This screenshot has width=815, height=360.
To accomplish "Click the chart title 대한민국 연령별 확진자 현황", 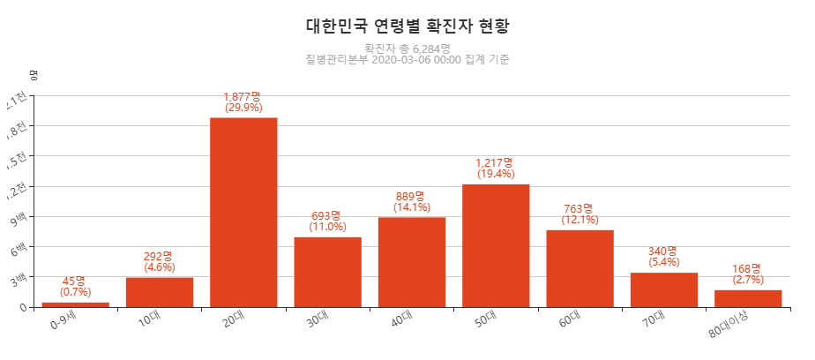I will [x=407, y=26].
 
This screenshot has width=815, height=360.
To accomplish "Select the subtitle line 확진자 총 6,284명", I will [x=407, y=49].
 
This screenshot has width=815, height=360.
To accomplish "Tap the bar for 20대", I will [x=243, y=212].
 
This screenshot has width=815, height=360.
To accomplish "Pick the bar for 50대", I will [x=496, y=245].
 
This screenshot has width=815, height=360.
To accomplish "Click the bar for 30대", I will [x=327, y=272].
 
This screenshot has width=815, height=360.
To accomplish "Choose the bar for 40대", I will [x=412, y=262].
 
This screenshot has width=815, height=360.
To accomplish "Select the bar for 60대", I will [x=579, y=268].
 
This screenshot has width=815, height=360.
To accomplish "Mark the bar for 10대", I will [x=160, y=292].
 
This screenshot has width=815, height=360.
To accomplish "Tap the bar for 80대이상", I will [x=748, y=298].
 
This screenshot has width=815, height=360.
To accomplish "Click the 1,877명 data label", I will [x=243, y=96].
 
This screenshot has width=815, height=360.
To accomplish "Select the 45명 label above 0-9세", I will [x=76, y=281].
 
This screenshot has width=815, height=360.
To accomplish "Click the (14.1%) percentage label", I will [x=411, y=207].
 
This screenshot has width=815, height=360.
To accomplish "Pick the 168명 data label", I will [x=747, y=268].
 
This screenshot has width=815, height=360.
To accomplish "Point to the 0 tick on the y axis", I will [x=23, y=307].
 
